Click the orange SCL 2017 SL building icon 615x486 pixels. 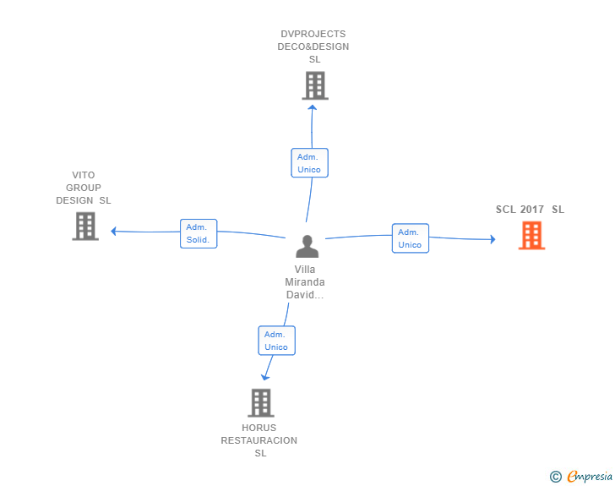532,235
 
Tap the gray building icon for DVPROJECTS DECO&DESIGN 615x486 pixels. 315,85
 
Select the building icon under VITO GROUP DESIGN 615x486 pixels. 85,227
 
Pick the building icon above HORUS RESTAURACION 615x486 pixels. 261,403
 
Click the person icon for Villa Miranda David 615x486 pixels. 307,246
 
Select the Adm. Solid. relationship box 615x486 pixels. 199,233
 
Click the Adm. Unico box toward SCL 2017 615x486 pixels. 411,238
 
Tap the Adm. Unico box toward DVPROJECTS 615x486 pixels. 309,163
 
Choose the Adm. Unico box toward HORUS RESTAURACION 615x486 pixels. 276,341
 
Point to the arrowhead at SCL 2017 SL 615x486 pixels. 493,239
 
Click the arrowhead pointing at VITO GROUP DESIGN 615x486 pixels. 113,232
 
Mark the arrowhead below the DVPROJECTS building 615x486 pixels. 313,107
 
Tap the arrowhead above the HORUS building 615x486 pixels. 265,378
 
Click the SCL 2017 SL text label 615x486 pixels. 530,210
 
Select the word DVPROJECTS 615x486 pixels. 313,34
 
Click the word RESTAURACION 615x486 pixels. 259,440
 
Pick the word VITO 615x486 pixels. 83,175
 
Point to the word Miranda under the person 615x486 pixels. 305,281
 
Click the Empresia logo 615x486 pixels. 590,476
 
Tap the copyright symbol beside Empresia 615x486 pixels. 556,477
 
